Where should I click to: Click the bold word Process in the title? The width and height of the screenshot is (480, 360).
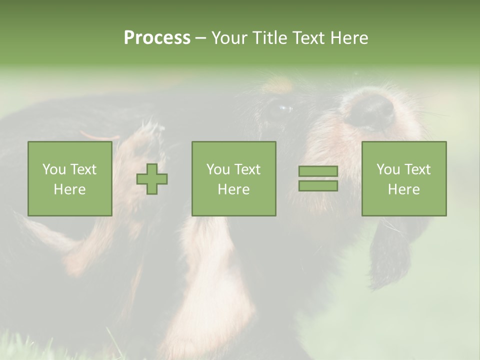157,38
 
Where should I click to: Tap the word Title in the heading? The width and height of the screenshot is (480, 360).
267,38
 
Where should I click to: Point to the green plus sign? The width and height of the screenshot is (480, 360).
152,179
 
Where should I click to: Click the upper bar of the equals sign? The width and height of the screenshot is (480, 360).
318,171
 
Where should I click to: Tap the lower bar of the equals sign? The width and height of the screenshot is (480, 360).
318,186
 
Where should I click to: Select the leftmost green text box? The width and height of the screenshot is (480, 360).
69,179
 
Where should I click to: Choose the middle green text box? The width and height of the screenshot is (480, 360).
233,179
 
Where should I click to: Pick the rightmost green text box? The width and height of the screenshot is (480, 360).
403,179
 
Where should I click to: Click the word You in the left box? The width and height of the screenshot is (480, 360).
54,169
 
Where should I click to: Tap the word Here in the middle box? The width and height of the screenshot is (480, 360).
233,189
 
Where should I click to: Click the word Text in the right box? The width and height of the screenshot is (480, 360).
416,169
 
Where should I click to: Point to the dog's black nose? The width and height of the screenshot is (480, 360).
370,110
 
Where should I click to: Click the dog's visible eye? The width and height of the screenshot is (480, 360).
283,108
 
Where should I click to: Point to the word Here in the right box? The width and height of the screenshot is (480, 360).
403,189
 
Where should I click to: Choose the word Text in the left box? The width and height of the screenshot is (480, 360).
82,169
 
